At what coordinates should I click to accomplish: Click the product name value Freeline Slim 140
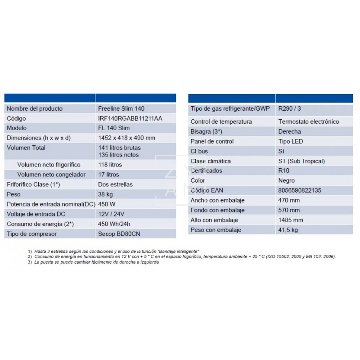click(121, 108)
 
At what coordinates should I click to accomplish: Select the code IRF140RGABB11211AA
click(130, 118)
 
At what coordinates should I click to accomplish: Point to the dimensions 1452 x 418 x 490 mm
click(126, 138)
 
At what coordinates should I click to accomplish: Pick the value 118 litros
click(110, 165)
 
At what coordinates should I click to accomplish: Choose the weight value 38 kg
click(105, 194)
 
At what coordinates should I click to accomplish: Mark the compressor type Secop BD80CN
click(118, 234)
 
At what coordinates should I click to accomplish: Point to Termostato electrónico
click(309, 121)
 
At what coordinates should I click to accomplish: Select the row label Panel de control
click(212, 141)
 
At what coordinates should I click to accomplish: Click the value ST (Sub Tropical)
click(301, 161)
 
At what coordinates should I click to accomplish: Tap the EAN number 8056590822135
click(300, 190)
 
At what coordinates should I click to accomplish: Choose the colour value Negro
click(287, 180)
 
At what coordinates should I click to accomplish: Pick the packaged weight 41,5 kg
click(288, 230)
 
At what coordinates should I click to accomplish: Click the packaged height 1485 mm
click(291, 220)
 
